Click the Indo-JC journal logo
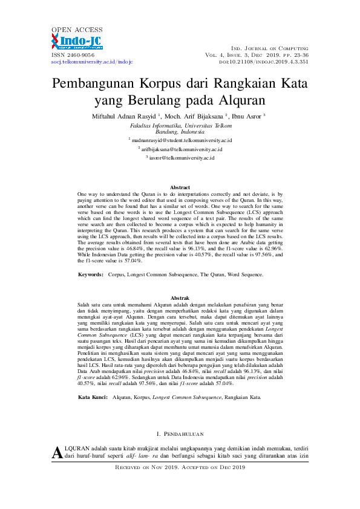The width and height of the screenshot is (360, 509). coord(77,41)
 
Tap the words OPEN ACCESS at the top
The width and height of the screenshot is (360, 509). coord(76,29)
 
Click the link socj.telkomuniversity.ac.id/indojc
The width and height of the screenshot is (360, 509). coord(91,62)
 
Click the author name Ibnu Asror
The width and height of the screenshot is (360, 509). coord(246,116)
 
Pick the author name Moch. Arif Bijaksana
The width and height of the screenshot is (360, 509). coord(194,116)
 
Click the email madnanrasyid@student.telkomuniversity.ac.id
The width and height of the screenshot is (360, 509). coord(182,140)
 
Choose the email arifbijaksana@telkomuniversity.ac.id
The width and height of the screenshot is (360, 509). coord(182,149)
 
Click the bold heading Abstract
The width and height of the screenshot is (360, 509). coord(180,187)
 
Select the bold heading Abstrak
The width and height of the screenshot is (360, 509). coord(180,299)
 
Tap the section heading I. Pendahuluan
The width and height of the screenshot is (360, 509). coord(180,434)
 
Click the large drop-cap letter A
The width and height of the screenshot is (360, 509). coord(57,452)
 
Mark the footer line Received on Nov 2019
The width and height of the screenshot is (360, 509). coord(180,467)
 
